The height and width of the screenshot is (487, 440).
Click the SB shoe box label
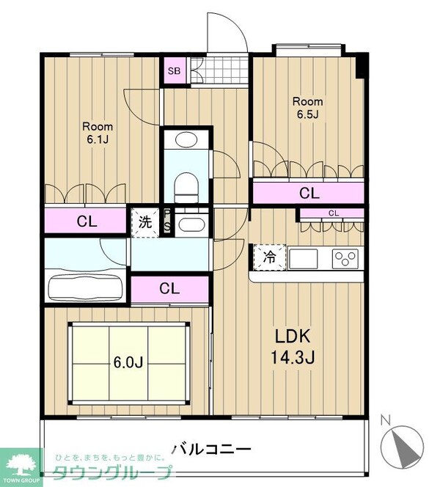[x=174, y=71]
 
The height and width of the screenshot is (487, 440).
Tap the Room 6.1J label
[x=98, y=133]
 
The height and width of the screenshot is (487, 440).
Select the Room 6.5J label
[x=307, y=108]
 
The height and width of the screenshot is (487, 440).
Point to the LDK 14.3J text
[x=293, y=346]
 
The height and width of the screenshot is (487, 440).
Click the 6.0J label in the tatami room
[x=128, y=362]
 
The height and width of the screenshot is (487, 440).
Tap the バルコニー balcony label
[x=211, y=449]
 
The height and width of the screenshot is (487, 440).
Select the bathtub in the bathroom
[x=85, y=288]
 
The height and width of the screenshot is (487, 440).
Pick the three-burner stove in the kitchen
[x=345, y=258]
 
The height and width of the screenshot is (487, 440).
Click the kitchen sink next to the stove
[x=303, y=259]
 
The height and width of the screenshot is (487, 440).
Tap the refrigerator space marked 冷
[x=270, y=257]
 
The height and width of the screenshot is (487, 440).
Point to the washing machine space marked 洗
[x=145, y=222]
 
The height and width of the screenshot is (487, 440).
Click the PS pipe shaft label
[x=167, y=221]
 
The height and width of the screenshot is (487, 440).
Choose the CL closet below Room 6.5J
[x=308, y=193]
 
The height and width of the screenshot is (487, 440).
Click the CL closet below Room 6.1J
[x=86, y=221]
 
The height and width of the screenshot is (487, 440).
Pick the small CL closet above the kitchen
[x=332, y=213]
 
